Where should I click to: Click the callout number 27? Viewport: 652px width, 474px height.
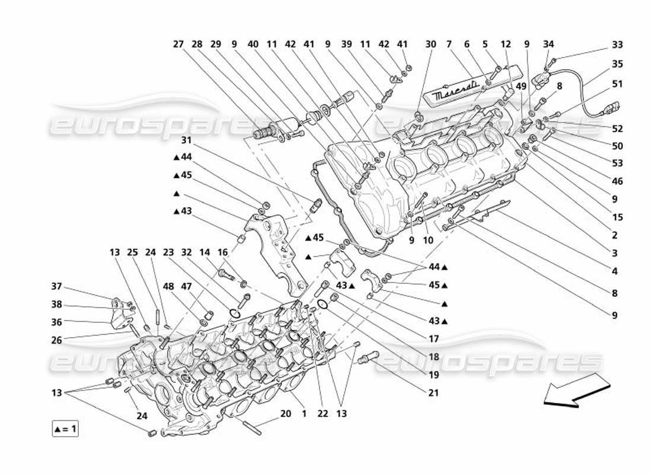click(x=178, y=44)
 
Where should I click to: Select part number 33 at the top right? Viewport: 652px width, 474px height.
click(x=617, y=44)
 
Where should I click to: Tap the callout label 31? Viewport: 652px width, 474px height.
click(x=187, y=140)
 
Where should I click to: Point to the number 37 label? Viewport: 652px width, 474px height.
click(x=56, y=287)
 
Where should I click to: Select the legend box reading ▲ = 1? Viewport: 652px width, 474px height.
click(x=65, y=429)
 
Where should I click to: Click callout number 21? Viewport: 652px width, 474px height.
click(x=434, y=393)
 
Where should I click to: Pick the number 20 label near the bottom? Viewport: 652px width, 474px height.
click(x=286, y=414)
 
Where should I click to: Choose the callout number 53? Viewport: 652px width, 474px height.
click(x=617, y=162)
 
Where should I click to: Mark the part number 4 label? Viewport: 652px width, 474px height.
click(x=615, y=272)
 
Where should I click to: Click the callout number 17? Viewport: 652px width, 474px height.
click(x=434, y=340)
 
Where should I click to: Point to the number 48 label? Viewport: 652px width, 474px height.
click(x=168, y=286)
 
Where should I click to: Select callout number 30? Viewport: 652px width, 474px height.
click(x=430, y=44)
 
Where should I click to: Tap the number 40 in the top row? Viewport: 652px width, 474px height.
click(x=253, y=44)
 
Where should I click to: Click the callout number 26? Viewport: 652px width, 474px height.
click(x=56, y=340)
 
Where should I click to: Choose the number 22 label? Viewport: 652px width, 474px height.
click(x=322, y=414)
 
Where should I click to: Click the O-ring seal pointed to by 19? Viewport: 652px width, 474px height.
click(x=321, y=305)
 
